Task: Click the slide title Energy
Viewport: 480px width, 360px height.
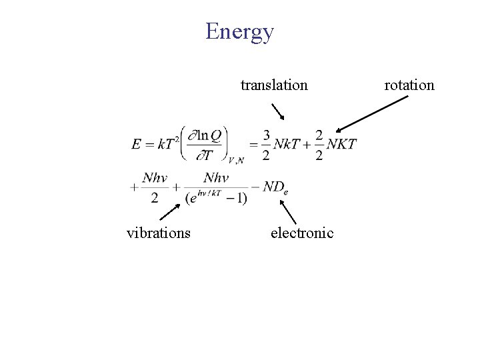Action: pos(239,31)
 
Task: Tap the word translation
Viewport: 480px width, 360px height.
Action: pos(274,85)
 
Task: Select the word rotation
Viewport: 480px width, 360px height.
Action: pos(409,85)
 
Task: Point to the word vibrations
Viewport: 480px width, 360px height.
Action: pos(159,233)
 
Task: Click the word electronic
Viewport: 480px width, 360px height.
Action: pos(301,233)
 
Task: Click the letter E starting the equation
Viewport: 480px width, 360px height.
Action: pos(136,145)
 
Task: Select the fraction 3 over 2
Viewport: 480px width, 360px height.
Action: pos(266,145)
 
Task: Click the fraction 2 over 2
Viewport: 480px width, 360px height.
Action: pos(319,145)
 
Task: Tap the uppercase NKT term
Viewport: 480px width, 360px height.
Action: pos(341,144)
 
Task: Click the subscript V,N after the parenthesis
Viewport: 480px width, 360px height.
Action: pos(235,160)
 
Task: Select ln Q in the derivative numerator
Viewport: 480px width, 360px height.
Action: pos(210,135)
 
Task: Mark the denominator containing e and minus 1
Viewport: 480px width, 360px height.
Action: pos(216,197)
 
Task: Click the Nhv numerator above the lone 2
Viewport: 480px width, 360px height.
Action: pos(154,178)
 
